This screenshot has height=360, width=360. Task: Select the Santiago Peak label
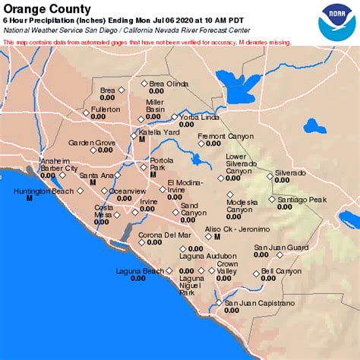[302, 199]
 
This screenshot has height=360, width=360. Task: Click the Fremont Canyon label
[226, 137]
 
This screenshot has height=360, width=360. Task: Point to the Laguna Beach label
[139, 271]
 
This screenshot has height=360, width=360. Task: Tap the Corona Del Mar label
[164, 235]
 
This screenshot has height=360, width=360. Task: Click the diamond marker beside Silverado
[269, 175]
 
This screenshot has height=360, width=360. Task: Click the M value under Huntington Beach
[29, 198]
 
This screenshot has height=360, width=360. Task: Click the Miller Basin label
[155, 106]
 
